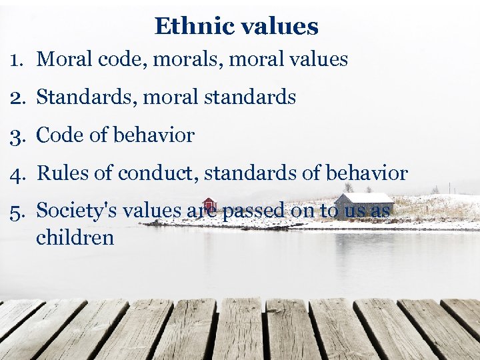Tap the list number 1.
click(16, 59)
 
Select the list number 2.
click(16, 97)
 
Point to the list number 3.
click(16, 135)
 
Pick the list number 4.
click(16, 173)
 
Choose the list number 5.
click(16, 211)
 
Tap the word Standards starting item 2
click(78, 97)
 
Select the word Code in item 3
click(57, 135)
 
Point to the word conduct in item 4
click(159, 173)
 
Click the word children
click(75, 237)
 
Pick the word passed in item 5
click(253, 211)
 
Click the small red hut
click(209, 205)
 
